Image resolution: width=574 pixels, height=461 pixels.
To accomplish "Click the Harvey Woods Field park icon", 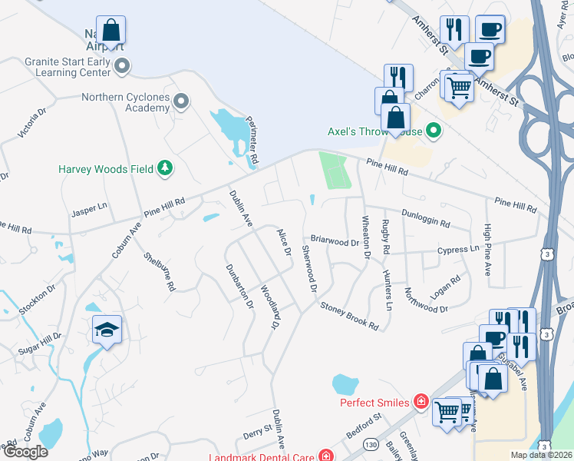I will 164,168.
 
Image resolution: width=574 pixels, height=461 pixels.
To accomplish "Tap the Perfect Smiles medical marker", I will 420,401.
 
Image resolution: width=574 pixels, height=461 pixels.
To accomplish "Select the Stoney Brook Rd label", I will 349,316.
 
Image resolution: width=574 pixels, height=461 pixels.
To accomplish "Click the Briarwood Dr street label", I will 335,241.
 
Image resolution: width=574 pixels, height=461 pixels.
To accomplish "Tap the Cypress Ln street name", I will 457,250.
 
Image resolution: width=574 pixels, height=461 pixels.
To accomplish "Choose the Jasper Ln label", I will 89,211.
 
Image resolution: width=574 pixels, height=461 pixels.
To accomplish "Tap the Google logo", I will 25,452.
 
